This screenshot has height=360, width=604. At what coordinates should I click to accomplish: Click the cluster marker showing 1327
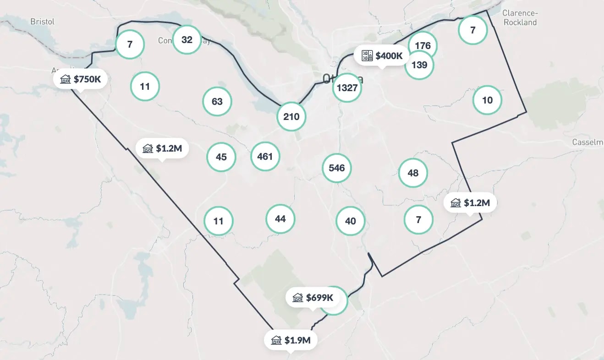[x=347, y=87]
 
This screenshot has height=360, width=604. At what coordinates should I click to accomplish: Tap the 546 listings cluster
[x=337, y=168]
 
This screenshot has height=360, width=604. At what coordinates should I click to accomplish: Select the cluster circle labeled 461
[x=265, y=157]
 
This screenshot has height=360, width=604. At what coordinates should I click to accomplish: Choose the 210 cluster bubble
[x=291, y=116]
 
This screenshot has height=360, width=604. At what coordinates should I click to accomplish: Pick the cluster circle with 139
[x=419, y=65]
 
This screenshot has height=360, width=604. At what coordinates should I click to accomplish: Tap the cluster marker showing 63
[x=217, y=101]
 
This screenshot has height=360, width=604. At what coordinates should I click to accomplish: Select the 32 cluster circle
[x=187, y=39]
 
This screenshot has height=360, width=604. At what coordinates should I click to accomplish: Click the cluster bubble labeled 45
[x=221, y=157]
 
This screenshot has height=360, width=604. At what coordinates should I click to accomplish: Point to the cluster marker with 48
[x=413, y=173]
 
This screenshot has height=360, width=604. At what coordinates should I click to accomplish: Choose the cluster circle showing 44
[x=280, y=219]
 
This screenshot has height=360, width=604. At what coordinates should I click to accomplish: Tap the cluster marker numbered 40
[x=351, y=221]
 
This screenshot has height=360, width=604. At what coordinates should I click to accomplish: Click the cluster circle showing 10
[x=488, y=100]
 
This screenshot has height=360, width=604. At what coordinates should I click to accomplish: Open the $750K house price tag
[x=81, y=79]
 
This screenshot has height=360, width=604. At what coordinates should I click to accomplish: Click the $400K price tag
[x=382, y=56]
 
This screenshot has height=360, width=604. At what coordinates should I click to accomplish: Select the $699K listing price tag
[x=313, y=298]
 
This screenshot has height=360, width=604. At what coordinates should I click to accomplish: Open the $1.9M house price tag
[x=291, y=340]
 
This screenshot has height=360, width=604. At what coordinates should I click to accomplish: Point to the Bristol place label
[x=42, y=22]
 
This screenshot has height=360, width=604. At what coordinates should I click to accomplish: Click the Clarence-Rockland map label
[x=519, y=18]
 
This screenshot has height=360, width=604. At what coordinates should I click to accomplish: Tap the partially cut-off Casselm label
[x=588, y=142]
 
